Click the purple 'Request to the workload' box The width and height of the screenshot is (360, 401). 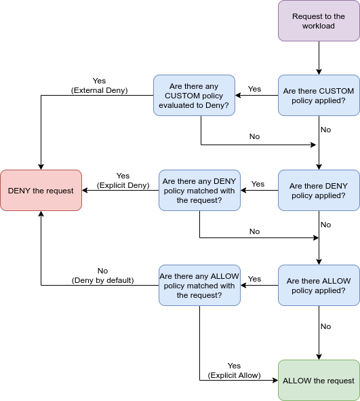319,21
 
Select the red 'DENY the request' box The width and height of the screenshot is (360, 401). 41,191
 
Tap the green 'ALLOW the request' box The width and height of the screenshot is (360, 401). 319,381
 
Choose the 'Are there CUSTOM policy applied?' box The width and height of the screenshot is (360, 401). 319,96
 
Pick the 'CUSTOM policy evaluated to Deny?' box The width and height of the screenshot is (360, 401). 194,96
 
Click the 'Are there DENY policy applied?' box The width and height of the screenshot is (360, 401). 319,191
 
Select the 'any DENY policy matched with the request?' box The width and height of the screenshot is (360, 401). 199,191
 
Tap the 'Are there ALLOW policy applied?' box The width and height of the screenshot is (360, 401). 319,286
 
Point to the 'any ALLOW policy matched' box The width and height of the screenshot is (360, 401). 199,286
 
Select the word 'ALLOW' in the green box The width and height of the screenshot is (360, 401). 296,381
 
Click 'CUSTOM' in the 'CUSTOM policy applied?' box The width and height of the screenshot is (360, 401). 336,91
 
